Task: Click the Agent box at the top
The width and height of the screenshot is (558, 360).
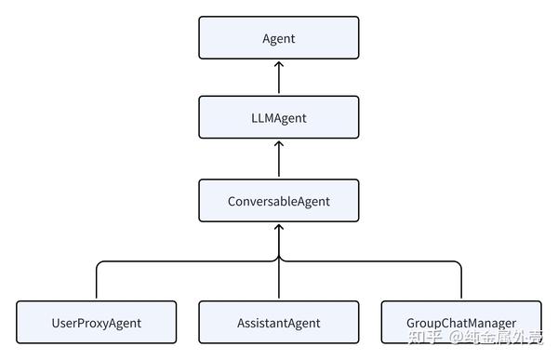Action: click(x=279, y=37)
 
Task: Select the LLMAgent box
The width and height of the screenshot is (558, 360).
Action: click(x=279, y=118)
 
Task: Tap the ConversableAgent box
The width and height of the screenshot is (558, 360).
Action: click(x=279, y=200)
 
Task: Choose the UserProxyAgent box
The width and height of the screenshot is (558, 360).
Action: click(x=97, y=323)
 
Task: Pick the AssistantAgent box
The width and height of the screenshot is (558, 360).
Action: click(x=279, y=323)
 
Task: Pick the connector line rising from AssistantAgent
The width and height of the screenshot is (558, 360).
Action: click(x=279, y=279)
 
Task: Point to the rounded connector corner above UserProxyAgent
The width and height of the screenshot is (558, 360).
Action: click(x=100, y=264)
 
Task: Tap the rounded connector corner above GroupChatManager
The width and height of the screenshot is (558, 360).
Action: click(x=458, y=264)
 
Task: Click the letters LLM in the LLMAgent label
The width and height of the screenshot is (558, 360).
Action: click(x=263, y=118)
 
